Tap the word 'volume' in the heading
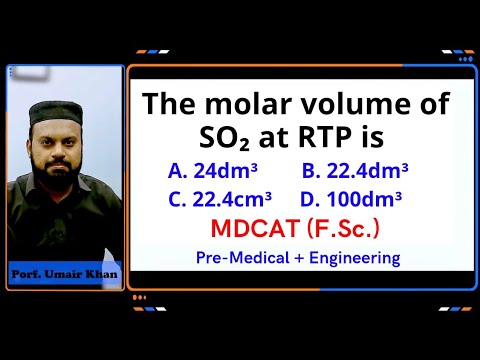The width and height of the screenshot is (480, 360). tap(357, 105)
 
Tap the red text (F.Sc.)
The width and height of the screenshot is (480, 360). tap(342, 229)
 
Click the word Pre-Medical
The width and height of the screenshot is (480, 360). tap(240, 258)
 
